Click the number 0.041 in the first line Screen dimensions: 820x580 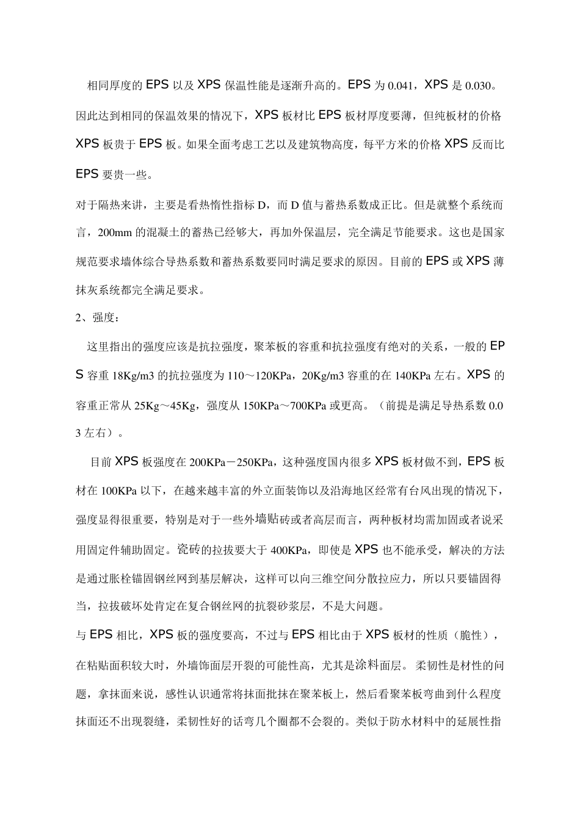[x=399, y=86]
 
